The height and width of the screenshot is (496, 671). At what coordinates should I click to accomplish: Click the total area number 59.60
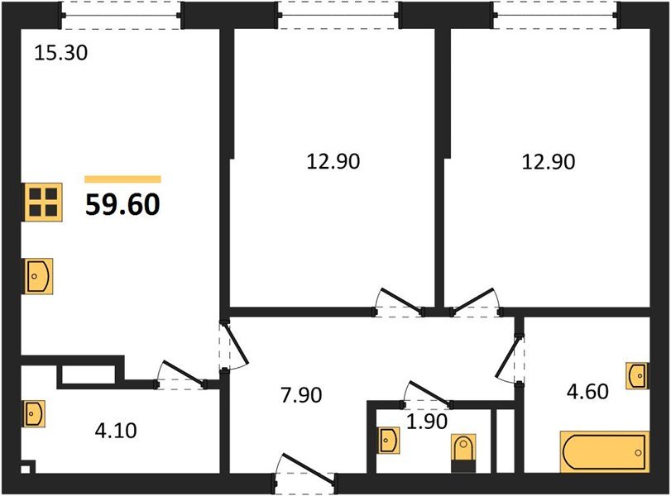(122, 203)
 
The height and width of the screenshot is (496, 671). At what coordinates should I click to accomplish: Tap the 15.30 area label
(60, 55)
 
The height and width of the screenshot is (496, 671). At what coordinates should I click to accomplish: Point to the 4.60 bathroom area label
(587, 390)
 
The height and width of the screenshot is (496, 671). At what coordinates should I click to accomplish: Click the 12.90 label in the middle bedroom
(333, 162)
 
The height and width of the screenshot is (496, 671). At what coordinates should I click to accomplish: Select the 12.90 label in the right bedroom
(548, 162)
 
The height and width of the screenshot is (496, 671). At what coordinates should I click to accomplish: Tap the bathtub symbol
(604, 452)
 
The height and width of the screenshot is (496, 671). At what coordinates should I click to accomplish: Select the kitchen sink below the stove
(39, 275)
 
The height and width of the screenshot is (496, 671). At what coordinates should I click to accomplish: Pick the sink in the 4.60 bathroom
(636, 376)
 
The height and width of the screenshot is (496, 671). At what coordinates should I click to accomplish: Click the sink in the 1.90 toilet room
(388, 440)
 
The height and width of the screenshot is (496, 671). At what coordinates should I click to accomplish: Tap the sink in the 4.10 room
(33, 413)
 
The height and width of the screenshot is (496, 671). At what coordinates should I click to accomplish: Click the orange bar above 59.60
(123, 179)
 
